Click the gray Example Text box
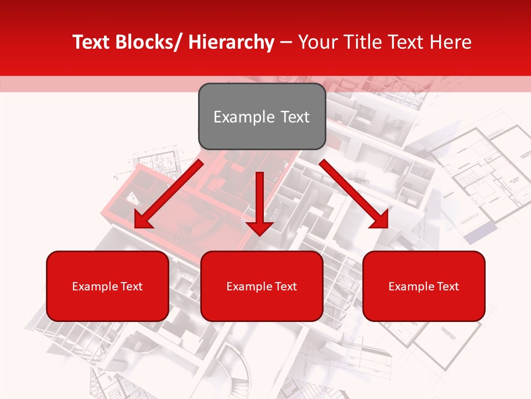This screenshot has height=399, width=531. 262,116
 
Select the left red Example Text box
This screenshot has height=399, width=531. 107,286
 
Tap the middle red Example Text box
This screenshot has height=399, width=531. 262,286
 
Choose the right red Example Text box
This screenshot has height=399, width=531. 424,286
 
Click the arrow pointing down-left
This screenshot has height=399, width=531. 169,194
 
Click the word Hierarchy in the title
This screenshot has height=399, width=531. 231,42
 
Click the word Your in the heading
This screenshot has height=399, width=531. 317,42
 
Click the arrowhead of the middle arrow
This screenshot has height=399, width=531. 259,228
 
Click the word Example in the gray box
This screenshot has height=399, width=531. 242,117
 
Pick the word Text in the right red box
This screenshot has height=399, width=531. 447,287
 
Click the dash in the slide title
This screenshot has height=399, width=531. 286,43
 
